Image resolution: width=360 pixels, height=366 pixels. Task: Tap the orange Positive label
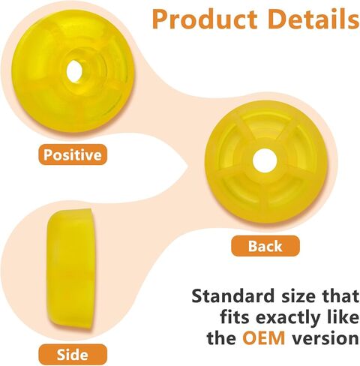(73, 154)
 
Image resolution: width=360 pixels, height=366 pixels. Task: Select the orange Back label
(265, 246)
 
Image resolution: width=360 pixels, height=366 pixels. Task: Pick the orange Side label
(73, 355)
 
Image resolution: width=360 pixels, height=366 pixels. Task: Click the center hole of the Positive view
(75, 71)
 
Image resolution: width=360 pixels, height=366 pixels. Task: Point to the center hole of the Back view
(265, 160)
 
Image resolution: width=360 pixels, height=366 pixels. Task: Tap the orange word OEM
(264, 338)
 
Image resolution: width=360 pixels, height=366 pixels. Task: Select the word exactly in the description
(288, 318)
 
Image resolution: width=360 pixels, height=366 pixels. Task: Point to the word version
(325, 338)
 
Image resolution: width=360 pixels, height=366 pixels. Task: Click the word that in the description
(340, 295)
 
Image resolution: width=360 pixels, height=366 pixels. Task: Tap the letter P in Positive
(47, 154)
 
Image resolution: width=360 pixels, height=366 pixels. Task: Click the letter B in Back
(253, 246)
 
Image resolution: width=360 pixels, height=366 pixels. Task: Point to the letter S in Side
(61, 355)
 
